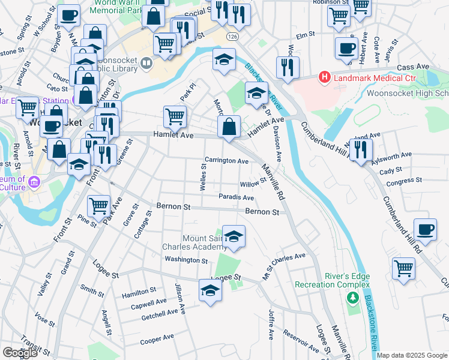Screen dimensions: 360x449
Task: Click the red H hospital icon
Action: coord(325,77)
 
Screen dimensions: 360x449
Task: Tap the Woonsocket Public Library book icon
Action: coord(146,62)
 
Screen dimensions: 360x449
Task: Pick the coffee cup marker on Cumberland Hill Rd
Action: coord(425,230)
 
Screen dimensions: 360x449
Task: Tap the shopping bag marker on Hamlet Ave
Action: coord(229,128)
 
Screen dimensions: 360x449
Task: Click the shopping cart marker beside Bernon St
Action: coord(98,207)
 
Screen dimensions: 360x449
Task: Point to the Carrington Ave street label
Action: coord(226,161)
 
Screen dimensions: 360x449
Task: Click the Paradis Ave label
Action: coord(236,197)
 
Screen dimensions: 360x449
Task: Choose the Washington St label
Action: coord(187,260)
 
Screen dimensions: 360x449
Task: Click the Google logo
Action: coord(20,353)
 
